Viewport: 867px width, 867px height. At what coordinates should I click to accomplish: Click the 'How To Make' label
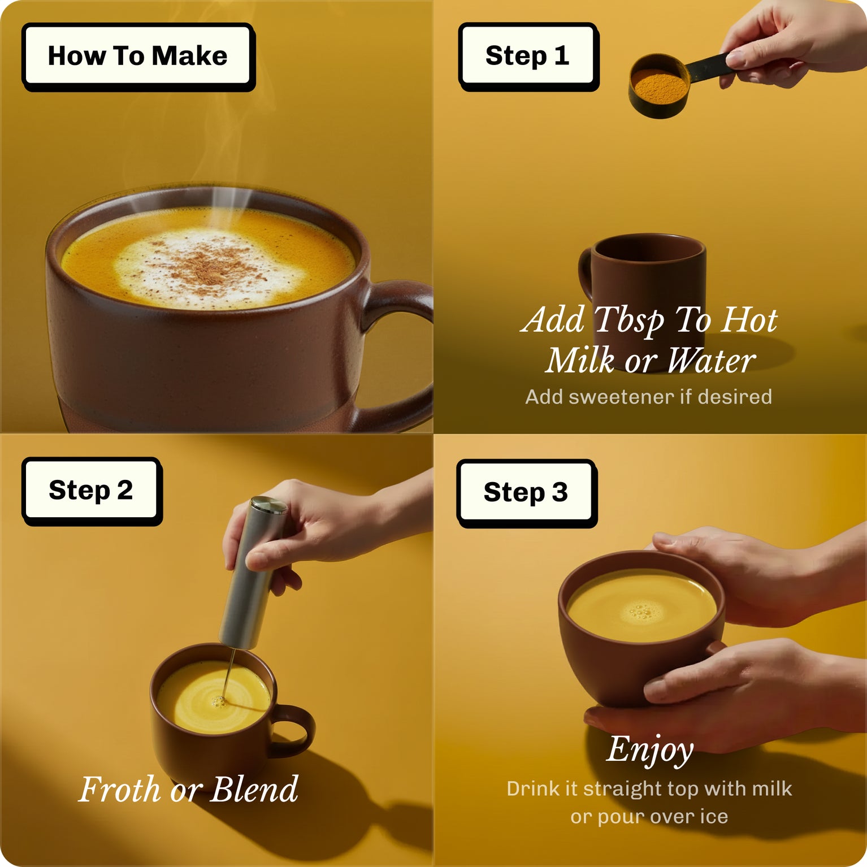point(137,56)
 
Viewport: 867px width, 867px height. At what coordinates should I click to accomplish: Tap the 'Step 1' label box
point(527,56)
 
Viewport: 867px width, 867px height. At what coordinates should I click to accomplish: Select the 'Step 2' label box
point(91,490)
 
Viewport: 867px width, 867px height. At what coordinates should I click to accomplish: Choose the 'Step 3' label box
point(526,492)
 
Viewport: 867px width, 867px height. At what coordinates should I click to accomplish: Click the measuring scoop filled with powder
point(659,86)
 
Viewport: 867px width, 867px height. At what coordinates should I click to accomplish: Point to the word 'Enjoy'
point(650,749)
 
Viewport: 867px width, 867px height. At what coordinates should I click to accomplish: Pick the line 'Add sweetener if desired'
point(648,397)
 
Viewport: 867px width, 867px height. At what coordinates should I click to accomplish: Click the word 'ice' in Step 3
point(714,816)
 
